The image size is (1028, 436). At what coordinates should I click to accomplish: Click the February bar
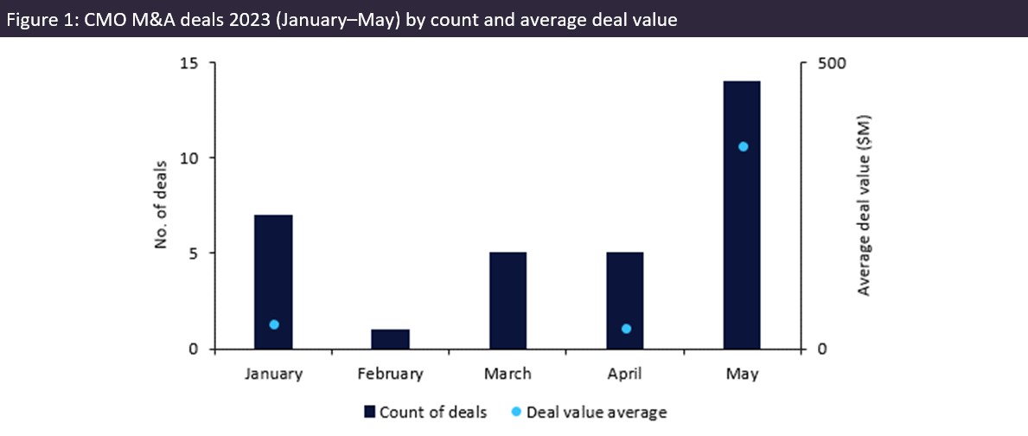click(390, 339)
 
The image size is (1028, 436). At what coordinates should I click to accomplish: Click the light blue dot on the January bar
click(274, 324)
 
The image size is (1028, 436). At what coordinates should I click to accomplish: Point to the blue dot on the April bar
click(626, 329)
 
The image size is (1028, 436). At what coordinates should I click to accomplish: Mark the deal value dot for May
click(743, 146)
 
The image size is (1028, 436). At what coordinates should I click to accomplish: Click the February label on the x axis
click(391, 375)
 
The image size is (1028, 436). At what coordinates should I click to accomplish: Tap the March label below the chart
click(508, 375)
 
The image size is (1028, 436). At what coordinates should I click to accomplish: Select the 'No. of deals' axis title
click(160, 206)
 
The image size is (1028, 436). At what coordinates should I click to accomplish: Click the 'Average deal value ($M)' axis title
click(864, 206)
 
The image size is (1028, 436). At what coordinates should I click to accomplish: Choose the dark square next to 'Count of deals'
click(370, 412)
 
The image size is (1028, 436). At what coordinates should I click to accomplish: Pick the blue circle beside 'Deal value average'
click(515, 412)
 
